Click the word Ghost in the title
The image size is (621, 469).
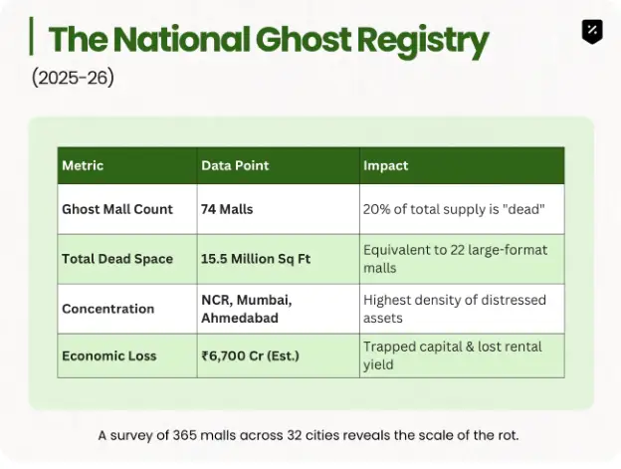pyautogui.click(x=303, y=39)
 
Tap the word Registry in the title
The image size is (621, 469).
pyautogui.click(x=423, y=42)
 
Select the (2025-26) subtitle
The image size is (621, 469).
pyautogui.click(x=73, y=78)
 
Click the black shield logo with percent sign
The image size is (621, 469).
pyautogui.click(x=592, y=31)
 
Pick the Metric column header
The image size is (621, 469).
pyautogui.click(x=83, y=165)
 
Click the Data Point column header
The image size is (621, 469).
pyautogui.click(x=235, y=165)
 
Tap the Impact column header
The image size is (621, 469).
pyautogui.click(x=385, y=165)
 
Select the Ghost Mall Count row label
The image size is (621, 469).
pyautogui.click(x=117, y=209)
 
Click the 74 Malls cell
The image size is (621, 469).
pyautogui.click(x=227, y=209)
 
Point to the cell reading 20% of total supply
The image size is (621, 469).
pyautogui.click(x=454, y=209)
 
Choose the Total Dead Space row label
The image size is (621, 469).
pyautogui.click(x=117, y=259)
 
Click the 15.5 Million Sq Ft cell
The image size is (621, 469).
pyautogui.click(x=256, y=259)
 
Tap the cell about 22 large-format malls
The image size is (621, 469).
pyautogui.click(x=455, y=259)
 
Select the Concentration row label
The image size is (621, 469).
pyautogui.click(x=108, y=309)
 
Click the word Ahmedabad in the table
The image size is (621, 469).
pyautogui.click(x=240, y=318)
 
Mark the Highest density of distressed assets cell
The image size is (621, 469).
pyautogui.click(x=454, y=309)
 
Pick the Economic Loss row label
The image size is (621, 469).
pyautogui.click(x=109, y=355)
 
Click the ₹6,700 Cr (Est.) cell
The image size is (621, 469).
pyautogui.click(x=251, y=355)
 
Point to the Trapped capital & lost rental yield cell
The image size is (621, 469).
pyautogui.click(x=452, y=355)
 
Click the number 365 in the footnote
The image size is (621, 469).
pyautogui.click(x=184, y=435)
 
